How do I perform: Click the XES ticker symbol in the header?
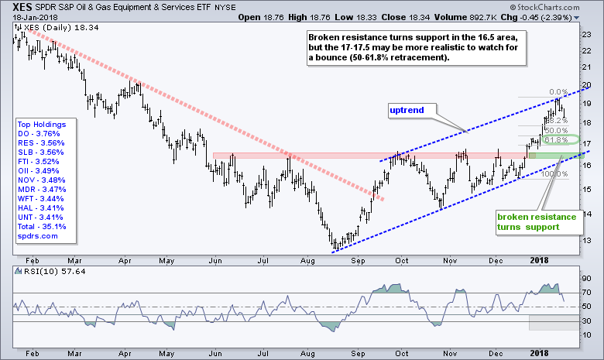pos(15,8)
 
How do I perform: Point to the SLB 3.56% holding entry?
pos(44,152)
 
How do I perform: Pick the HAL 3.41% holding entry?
pos(44,207)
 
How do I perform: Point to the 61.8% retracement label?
pos(553,140)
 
